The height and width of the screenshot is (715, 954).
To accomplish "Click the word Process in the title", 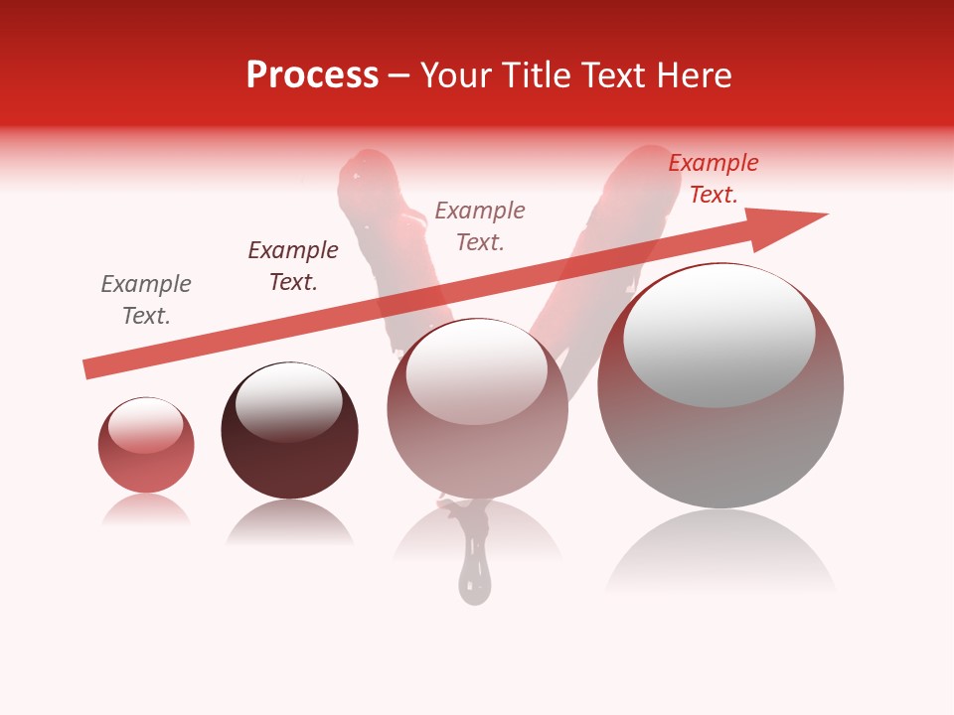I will coord(312,75).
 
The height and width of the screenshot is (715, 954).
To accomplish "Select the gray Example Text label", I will coord(146,300).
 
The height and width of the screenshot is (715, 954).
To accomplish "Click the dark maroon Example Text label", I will coord(293,266).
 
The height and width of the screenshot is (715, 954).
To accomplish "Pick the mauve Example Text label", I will coord(480,226).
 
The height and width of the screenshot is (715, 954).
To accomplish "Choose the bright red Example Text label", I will coord(714,179).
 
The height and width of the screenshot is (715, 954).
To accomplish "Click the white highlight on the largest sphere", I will coord(718,336).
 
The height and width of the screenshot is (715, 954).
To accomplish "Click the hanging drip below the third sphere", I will coord(474,576).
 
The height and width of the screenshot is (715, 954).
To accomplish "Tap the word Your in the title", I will coord(457,75).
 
